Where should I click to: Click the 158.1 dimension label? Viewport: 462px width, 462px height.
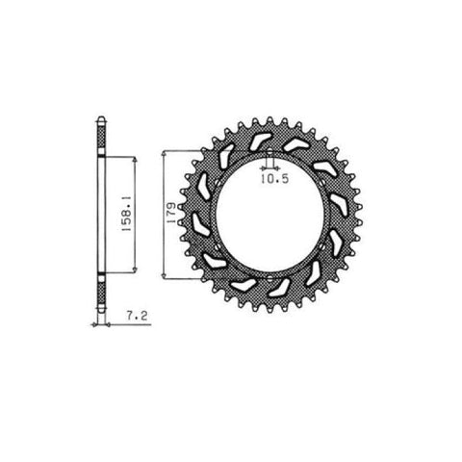tap(126, 215)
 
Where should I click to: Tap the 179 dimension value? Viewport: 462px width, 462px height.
tap(171, 213)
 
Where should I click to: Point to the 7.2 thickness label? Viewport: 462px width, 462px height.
tap(137, 316)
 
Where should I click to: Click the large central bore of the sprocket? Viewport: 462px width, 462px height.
tap(269, 215)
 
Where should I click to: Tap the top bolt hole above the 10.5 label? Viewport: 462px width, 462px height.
tap(269, 152)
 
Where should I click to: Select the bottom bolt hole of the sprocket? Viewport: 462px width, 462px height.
tap(269, 277)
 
